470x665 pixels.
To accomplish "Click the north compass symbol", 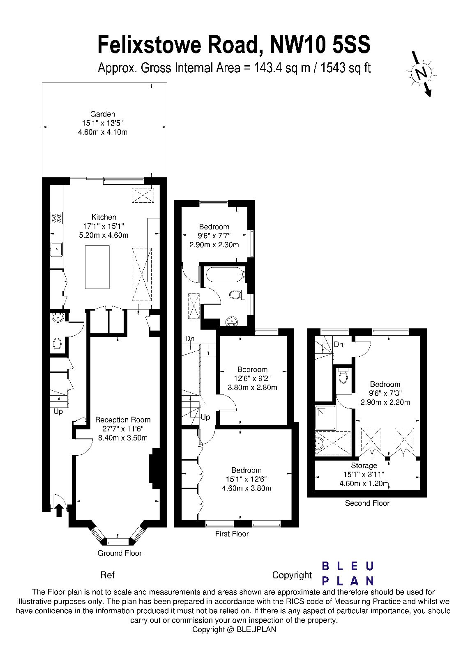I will pyautogui.click(x=421, y=73).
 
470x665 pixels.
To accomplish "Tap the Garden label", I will pyautogui.click(x=103, y=114).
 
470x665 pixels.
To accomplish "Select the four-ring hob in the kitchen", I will pyautogui.click(x=56, y=218).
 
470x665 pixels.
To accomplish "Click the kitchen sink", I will pyautogui.click(x=56, y=248).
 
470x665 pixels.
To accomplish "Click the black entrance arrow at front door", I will pyautogui.click(x=59, y=510).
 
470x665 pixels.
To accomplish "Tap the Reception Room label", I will pyautogui.click(x=123, y=420).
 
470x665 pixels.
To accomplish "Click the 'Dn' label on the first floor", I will pyautogui.click(x=189, y=339).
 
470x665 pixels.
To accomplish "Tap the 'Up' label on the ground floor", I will pyautogui.click(x=58, y=411).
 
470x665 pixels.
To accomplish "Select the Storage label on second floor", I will pyautogui.click(x=364, y=465).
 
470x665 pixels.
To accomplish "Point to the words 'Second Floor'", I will pyautogui.click(x=367, y=503).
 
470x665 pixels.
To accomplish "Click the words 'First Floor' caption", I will pyautogui.click(x=232, y=534).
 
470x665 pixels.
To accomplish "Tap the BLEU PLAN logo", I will pyautogui.click(x=348, y=573).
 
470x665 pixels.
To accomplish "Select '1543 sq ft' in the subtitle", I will pyautogui.click(x=346, y=67).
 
